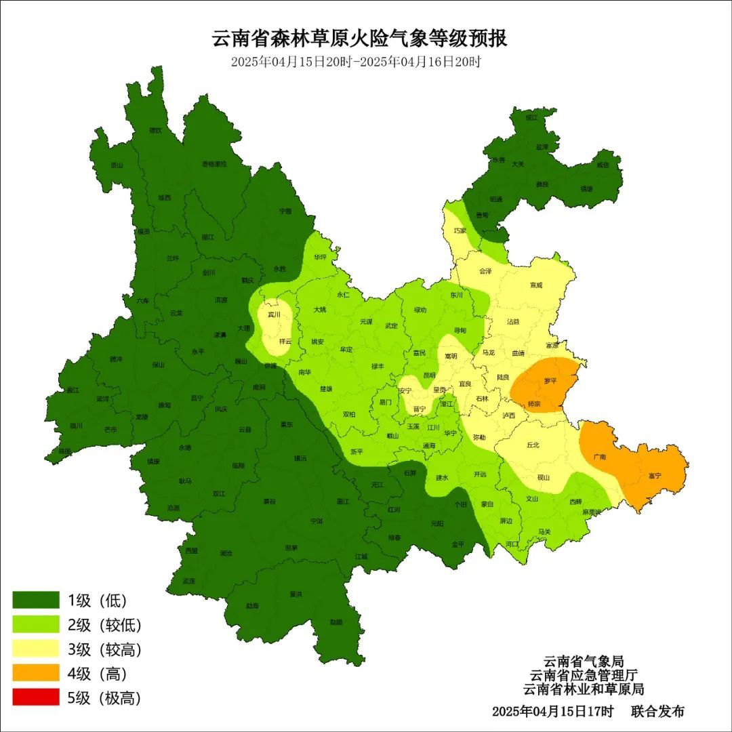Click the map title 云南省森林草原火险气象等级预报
coord(360,38)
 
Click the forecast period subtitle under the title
coord(356,62)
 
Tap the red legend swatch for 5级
coord(36,697)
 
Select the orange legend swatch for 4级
coord(36,673)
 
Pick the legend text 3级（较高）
coord(104,649)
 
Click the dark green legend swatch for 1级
coord(36,601)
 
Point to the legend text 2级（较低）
coord(104,625)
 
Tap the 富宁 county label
coord(654,476)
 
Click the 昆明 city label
coord(429,375)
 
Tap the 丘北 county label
coord(533,445)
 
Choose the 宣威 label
coord(536,285)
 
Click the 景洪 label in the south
coord(296,594)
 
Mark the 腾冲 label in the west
coord(116,360)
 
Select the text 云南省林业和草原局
coord(583,689)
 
